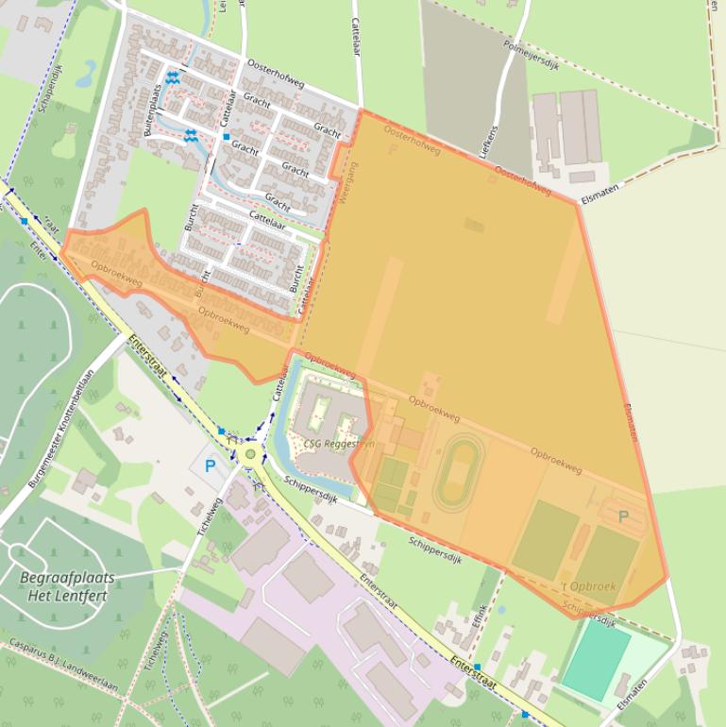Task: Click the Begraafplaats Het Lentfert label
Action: click(67, 586)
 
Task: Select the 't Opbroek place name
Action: click(588, 586)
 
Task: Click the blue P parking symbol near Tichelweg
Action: click(210, 465)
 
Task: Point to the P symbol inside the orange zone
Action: click(622, 516)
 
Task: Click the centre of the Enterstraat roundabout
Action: click(250, 455)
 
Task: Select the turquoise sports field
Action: click(595, 661)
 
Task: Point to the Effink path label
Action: click(480, 621)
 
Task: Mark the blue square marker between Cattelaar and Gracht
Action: click(227, 137)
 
